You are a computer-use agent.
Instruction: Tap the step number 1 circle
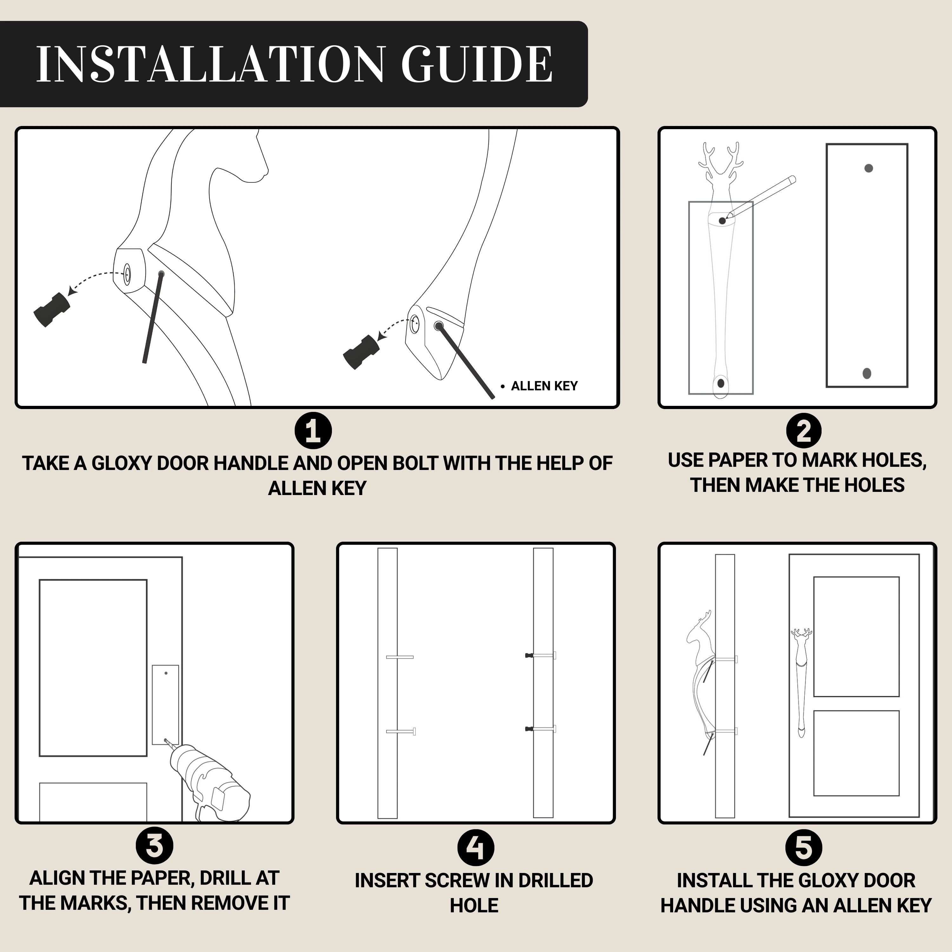coord(313,431)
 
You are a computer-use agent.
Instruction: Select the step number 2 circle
coord(804,431)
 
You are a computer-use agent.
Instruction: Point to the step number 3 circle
coord(154,846)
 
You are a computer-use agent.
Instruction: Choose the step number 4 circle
coord(475,848)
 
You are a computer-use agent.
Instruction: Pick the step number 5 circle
coord(804,848)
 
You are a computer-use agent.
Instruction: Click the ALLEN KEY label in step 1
coord(544,386)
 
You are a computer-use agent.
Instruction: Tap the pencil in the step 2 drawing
coord(761,197)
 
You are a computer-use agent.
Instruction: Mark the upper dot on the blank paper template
coord(869,168)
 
